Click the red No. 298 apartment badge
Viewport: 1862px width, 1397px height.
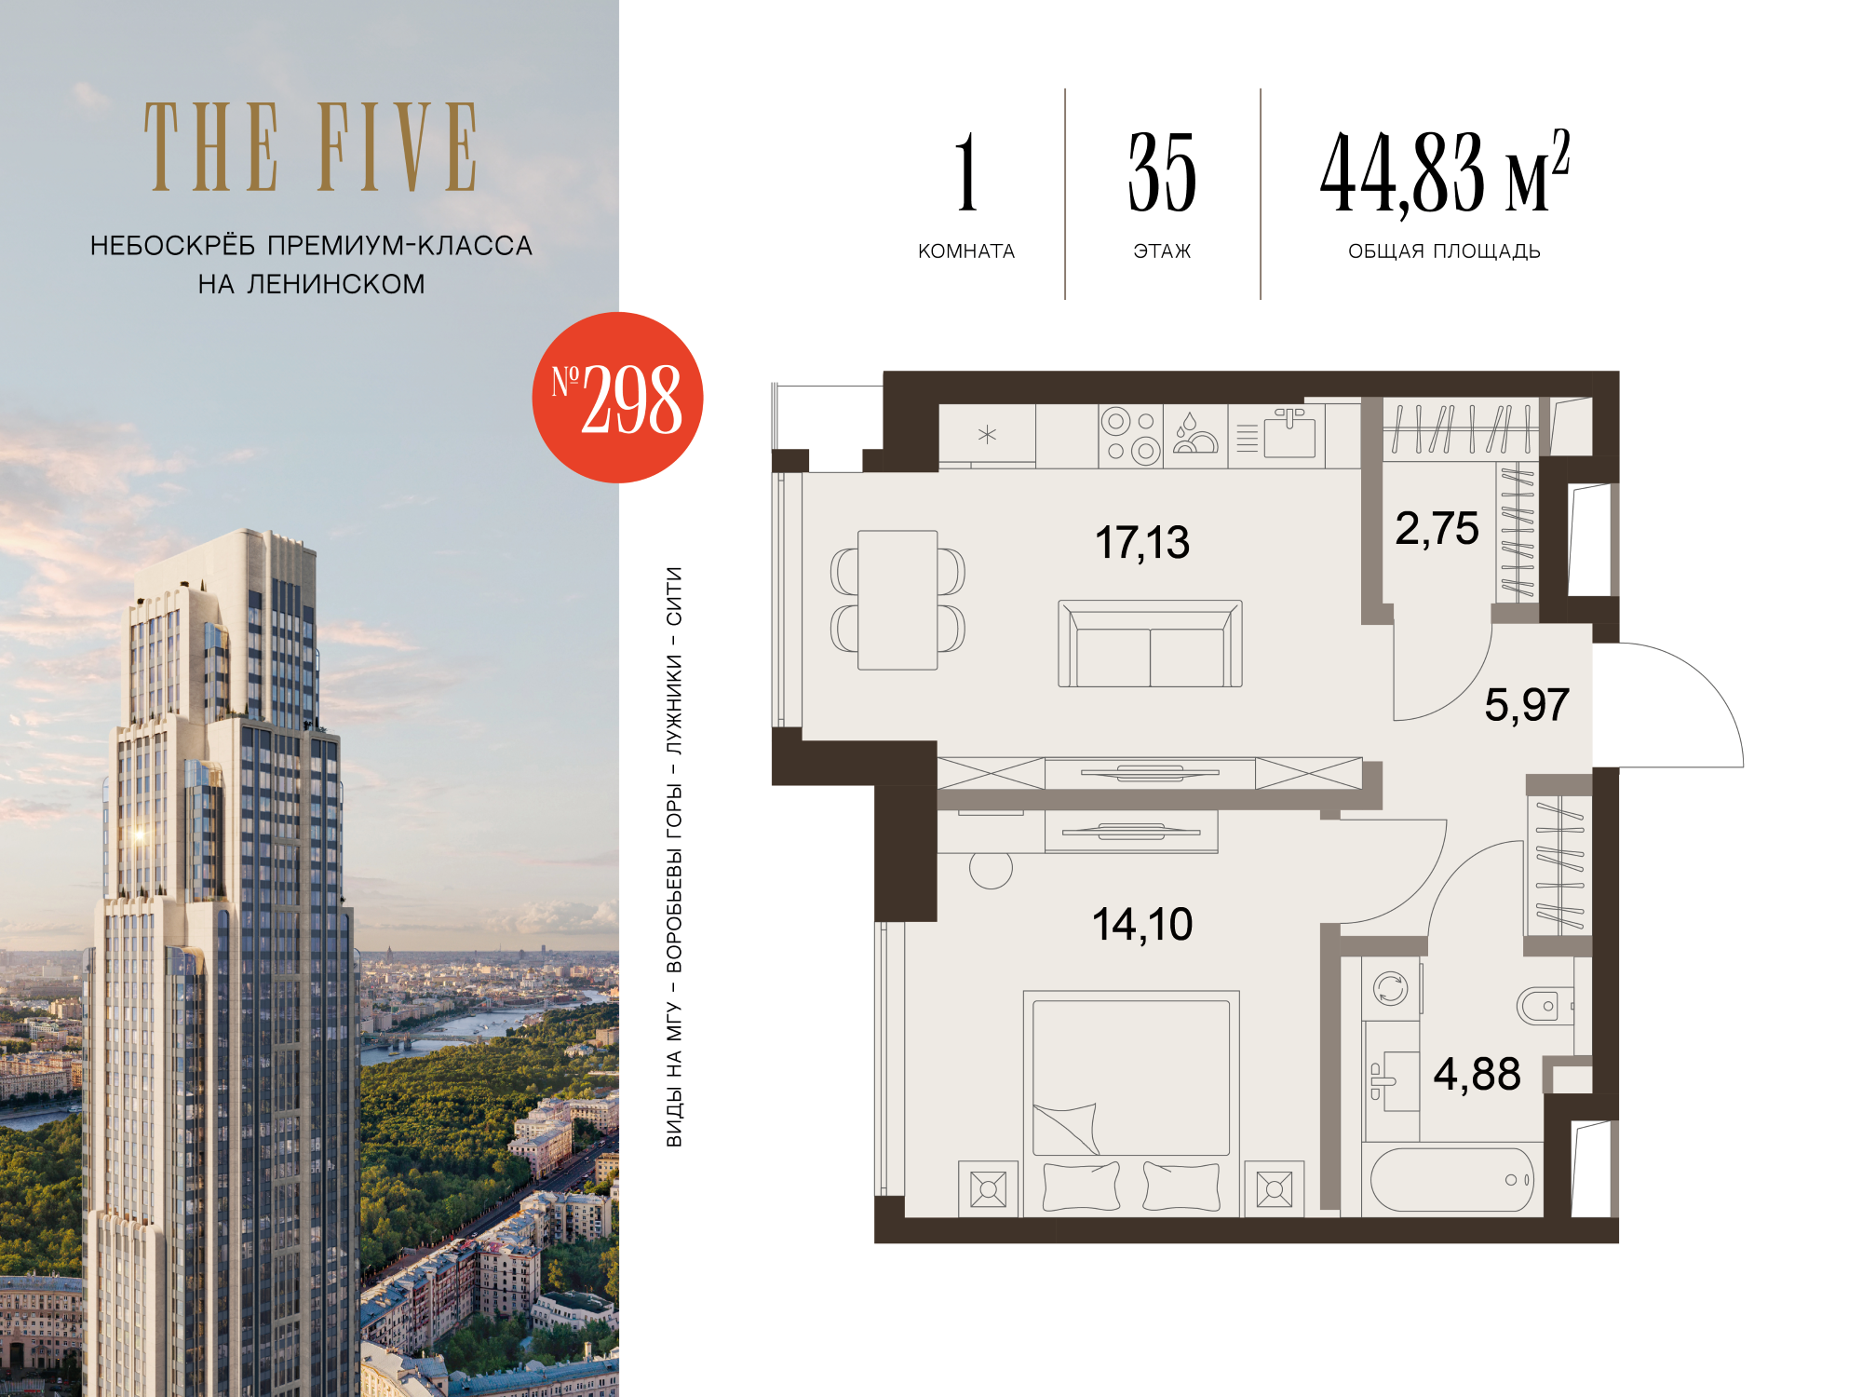(617, 398)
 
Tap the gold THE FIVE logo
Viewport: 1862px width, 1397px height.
(311, 147)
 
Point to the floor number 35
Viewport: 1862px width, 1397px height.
(1162, 172)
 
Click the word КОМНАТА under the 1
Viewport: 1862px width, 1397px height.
(966, 251)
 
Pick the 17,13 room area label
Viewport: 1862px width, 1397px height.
(1142, 542)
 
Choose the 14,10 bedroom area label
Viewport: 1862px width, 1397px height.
(1142, 925)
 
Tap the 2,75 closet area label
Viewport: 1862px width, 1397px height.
(1437, 529)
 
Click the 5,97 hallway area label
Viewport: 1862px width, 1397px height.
(1527, 705)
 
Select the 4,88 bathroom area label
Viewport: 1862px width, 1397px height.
(1477, 1074)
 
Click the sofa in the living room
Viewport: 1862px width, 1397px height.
(1150, 644)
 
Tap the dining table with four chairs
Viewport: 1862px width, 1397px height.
(897, 600)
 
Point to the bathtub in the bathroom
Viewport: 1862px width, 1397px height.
(1451, 1180)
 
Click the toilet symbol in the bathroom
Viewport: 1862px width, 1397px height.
(1545, 1006)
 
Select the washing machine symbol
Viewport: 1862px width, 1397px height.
(1391, 988)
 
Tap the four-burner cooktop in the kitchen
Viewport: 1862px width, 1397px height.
(1130, 436)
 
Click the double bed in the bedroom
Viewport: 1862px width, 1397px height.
(1131, 1104)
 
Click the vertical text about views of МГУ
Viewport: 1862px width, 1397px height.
(674, 857)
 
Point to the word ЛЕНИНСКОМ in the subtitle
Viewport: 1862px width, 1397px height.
(336, 284)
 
